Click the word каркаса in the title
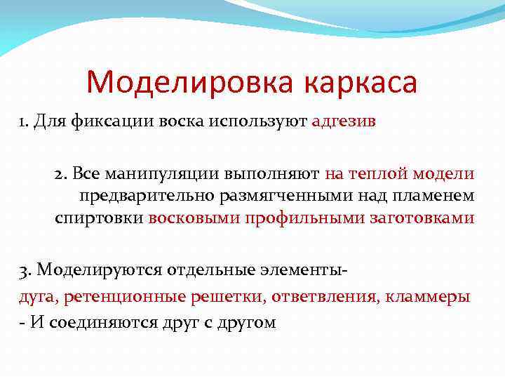[x=361, y=83]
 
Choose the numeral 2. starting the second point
[x=61, y=173]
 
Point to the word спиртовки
[x=99, y=218]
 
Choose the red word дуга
[x=37, y=296]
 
